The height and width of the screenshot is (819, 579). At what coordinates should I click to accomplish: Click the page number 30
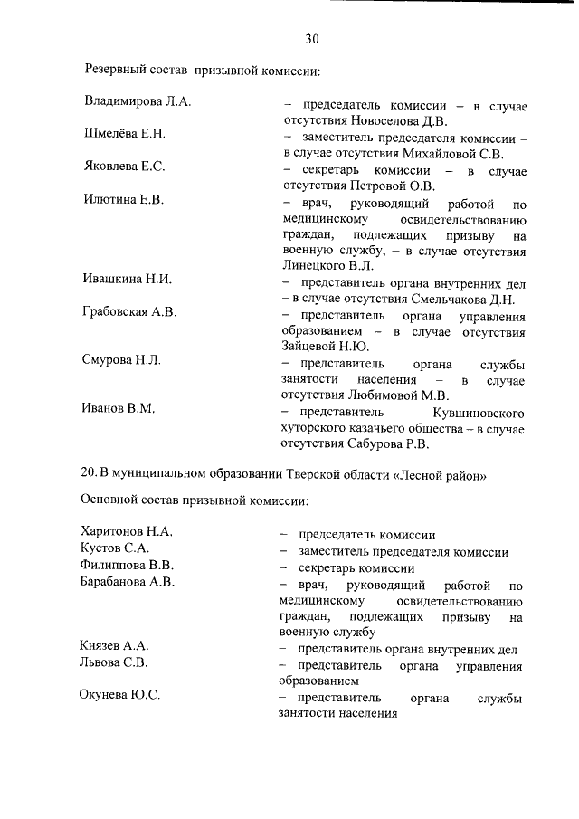click(x=312, y=38)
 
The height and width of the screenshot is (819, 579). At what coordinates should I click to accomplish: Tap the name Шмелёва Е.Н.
click(x=125, y=133)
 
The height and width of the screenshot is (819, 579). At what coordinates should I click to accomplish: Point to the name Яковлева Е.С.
click(x=124, y=166)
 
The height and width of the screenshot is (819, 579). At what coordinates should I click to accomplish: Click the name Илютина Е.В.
click(x=123, y=199)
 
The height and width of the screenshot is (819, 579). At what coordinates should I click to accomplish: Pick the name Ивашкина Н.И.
click(x=128, y=279)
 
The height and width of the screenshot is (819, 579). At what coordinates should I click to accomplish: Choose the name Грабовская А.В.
click(x=131, y=311)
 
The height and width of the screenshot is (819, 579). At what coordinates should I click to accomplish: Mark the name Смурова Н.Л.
click(x=122, y=360)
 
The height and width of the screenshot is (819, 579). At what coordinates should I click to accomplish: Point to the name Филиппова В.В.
click(x=127, y=565)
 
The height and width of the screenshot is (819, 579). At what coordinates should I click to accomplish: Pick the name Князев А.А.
click(x=115, y=646)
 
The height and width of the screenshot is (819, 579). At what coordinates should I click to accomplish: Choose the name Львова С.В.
click(x=114, y=662)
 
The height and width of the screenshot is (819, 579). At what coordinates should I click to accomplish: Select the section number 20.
click(x=89, y=474)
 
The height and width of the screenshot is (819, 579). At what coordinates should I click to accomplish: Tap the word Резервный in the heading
click(x=119, y=69)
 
